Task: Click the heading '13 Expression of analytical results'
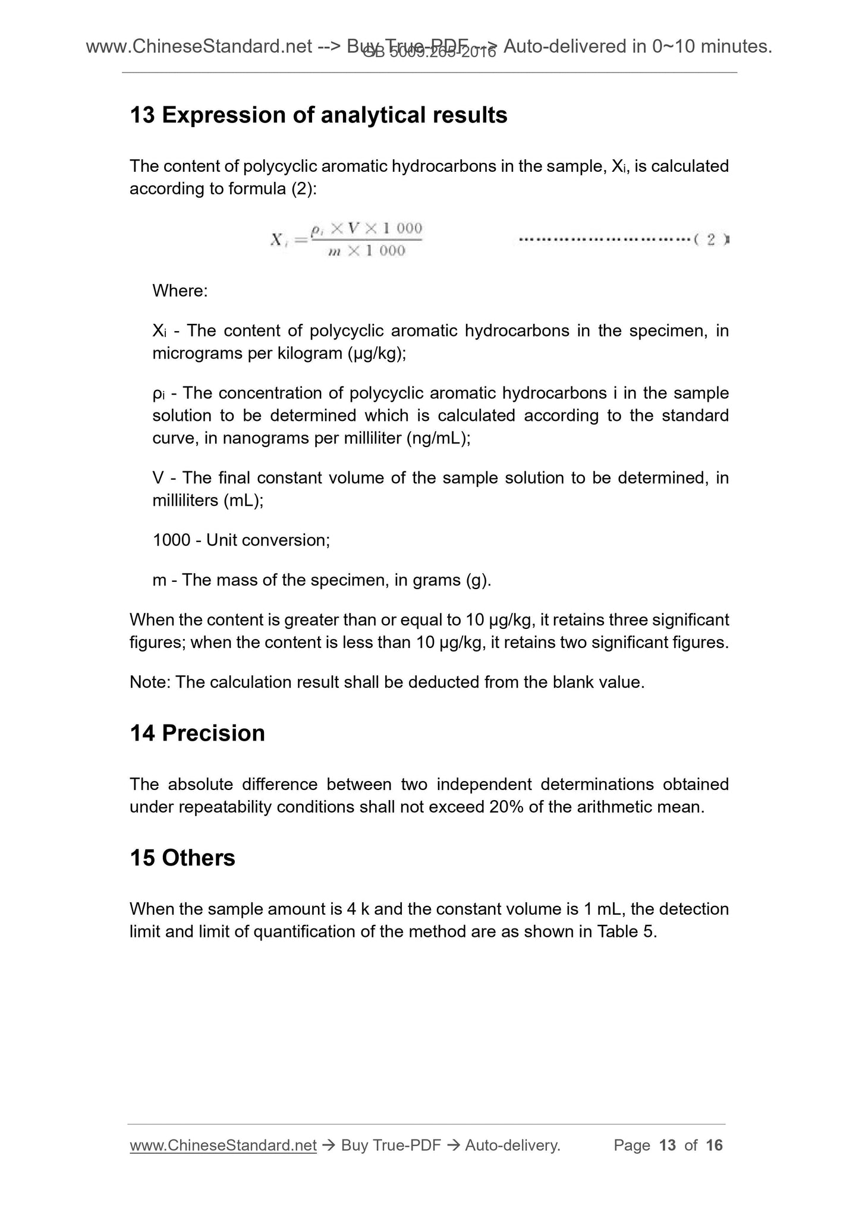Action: pos(318,115)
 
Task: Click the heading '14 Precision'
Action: pos(197,733)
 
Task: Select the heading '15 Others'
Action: pos(183,858)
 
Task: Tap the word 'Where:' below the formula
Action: pos(180,291)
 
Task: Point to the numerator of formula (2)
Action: pos(366,228)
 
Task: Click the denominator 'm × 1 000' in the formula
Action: pos(366,251)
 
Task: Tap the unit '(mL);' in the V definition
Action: pos(243,501)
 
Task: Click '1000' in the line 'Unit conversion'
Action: pos(171,540)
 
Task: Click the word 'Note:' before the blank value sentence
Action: pos(150,682)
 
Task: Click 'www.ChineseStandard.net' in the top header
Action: pos(199,46)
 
